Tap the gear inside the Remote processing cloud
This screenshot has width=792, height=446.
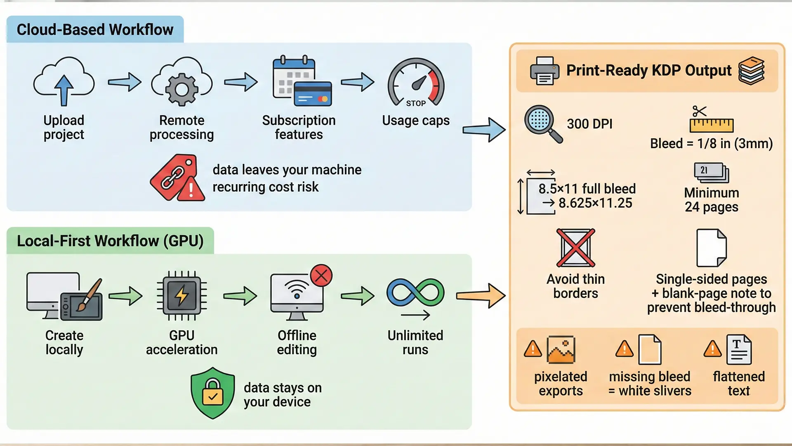coord(181,89)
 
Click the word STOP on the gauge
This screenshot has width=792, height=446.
coord(416,103)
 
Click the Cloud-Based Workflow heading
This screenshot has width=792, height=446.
coord(95,30)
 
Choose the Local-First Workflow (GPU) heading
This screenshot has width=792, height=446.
coord(110,241)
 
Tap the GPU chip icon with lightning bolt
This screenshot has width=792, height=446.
coord(182,296)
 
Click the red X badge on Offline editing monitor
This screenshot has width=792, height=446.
coord(321,275)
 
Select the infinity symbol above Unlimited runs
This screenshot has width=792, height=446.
coord(415,292)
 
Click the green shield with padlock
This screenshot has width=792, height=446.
coord(212,393)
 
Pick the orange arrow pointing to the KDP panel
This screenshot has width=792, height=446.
coord(481,296)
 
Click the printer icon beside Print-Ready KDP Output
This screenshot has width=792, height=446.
coord(544,71)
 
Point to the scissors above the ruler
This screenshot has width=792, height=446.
coord(699,111)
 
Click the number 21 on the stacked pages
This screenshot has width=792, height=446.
coord(704,170)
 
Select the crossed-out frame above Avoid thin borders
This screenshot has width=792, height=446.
coord(575,248)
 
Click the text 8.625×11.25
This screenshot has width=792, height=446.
coord(595,203)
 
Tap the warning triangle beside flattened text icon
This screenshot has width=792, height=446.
coord(712,349)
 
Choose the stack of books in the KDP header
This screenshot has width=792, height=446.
coord(751,71)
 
